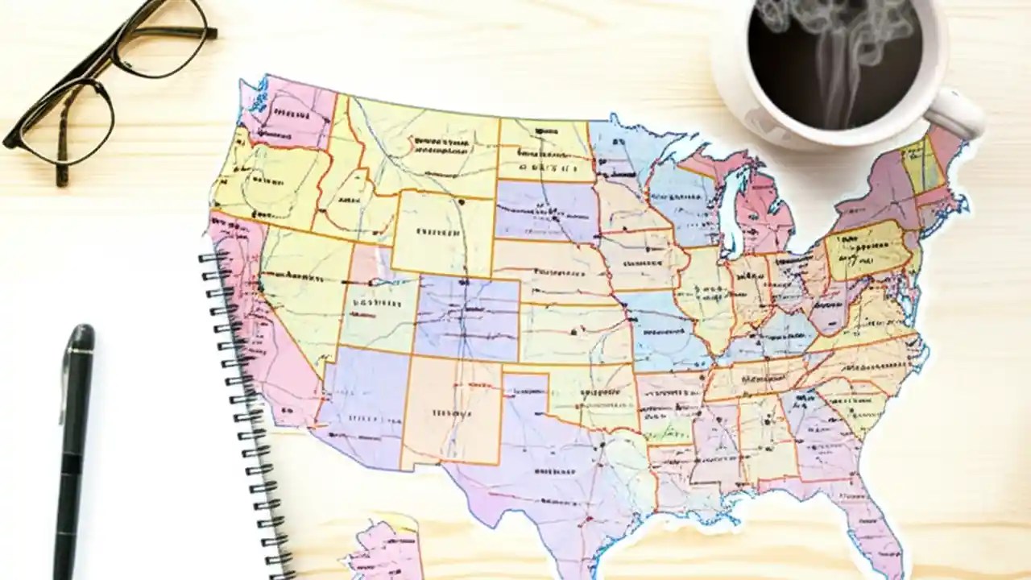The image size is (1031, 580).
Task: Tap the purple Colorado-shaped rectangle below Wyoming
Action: point(467,318)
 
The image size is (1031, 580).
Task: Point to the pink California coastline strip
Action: point(250,322)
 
